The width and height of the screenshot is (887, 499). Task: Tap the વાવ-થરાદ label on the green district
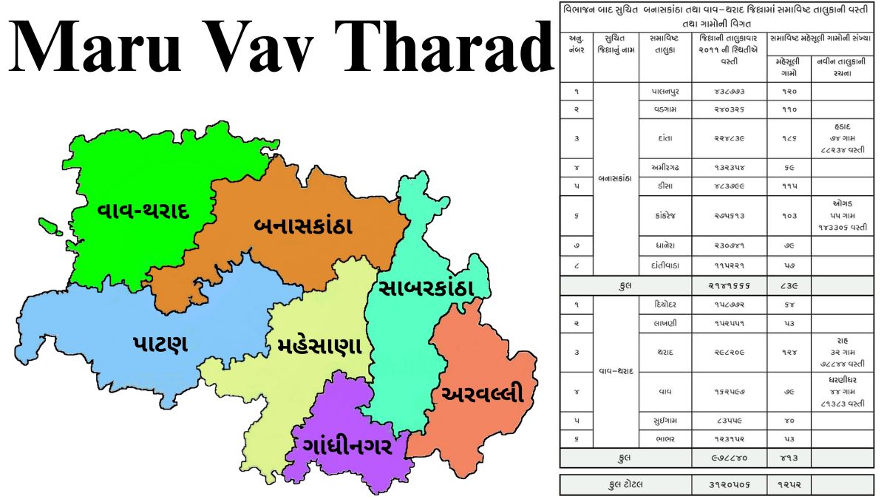[x=144, y=211]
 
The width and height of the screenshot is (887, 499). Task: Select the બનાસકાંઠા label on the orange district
[x=303, y=226]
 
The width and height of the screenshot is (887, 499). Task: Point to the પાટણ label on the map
[x=161, y=344]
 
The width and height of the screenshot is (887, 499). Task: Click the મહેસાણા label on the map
[x=319, y=346]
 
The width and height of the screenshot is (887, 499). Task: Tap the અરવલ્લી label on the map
[x=482, y=394]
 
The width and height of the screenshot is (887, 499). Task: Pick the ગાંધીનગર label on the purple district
[x=347, y=447]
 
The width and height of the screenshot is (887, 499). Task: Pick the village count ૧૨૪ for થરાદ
[x=789, y=353]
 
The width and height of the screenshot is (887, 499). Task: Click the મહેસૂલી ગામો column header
[x=789, y=67]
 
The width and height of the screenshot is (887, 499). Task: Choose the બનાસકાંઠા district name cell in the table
[x=615, y=178]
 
